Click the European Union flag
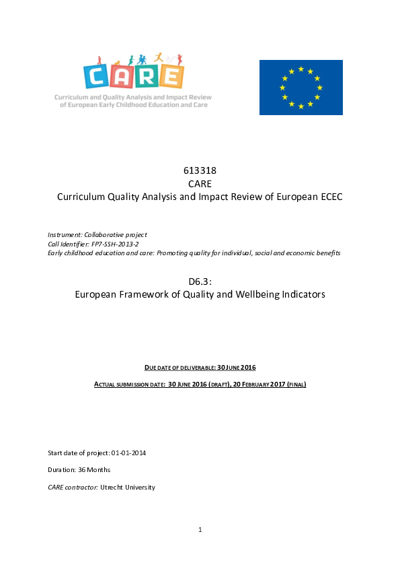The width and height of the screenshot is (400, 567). (301, 88)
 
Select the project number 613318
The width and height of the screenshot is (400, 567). (200, 170)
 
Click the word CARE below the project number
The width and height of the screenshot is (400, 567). (200, 183)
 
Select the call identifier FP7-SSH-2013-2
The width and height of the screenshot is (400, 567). (115, 244)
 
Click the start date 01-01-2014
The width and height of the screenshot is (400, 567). (128, 453)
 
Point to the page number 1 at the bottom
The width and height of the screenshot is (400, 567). (200, 530)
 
